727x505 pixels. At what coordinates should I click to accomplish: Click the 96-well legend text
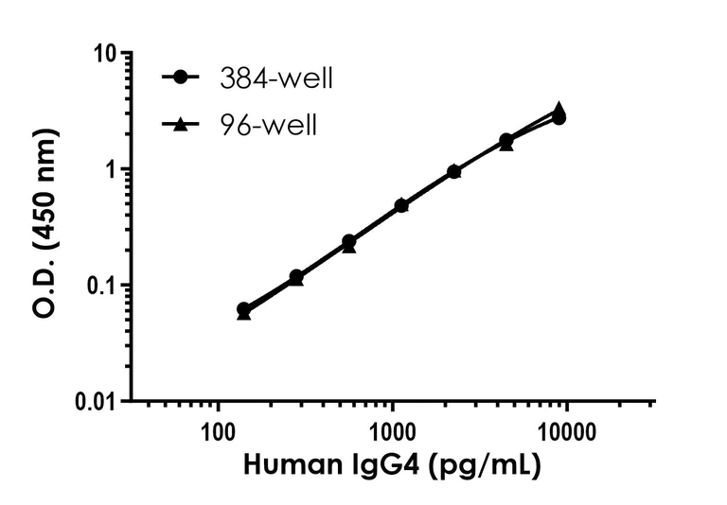pyautogui.click(x=264, y=124)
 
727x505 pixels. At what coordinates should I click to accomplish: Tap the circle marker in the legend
pyautogui.click(x=180, y=78)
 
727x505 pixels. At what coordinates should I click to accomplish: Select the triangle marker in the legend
pyautogui.click(x=180, y=123)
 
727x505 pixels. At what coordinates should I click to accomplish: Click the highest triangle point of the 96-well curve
pyautogui.click(x=559, y=109)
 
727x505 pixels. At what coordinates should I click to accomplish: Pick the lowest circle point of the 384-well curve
pyautogui.click(x=243, y=309)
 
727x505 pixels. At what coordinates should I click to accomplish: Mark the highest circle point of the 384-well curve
pyautogui.click(x=559, y=117)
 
